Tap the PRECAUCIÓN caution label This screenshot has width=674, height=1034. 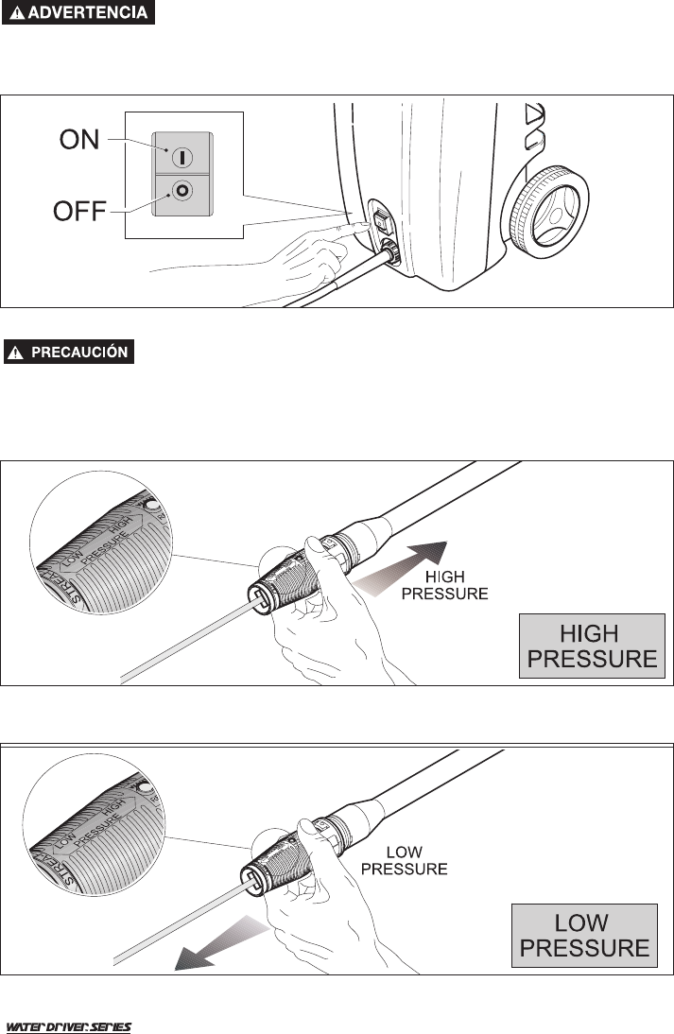coord(71,352)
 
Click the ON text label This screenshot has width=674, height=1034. coord(78,140)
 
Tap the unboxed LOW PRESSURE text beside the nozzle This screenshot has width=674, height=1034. coord(404,859)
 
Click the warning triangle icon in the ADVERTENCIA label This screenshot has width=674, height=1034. coord(18,14)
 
